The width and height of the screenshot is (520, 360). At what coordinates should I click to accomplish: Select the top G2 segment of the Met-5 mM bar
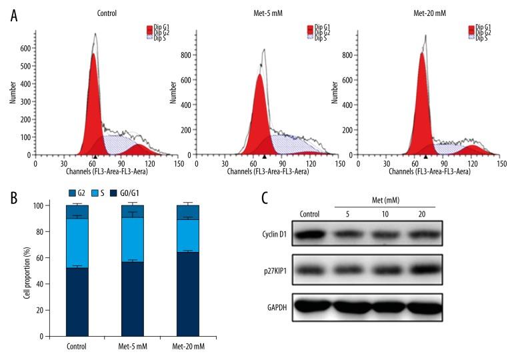tap(133, 211)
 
